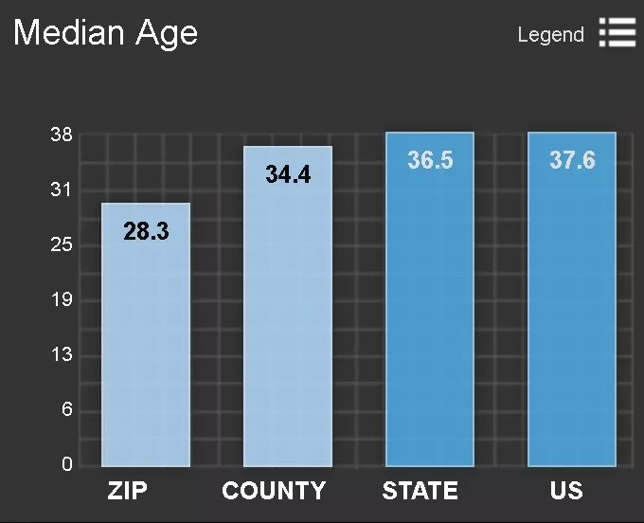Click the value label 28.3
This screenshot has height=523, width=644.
[146, 230]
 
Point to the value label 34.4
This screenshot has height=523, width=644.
[288, 174]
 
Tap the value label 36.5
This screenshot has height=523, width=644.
[430, 160]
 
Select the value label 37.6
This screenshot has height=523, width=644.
[572, 160]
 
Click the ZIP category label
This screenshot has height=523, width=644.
[127, 491]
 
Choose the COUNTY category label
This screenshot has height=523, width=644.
[274, 491]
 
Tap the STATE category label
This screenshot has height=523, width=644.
[420, 491]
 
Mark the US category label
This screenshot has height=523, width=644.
[566, 491]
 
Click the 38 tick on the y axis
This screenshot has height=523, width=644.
[62, 135]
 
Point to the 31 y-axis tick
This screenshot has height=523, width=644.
[62, 190]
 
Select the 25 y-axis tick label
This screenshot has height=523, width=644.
[62, 245]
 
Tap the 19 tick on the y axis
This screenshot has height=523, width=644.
[62, 300]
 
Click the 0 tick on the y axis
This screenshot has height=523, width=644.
[66, 465]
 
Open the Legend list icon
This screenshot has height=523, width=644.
[617, 33]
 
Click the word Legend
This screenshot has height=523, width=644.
[550, 35]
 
